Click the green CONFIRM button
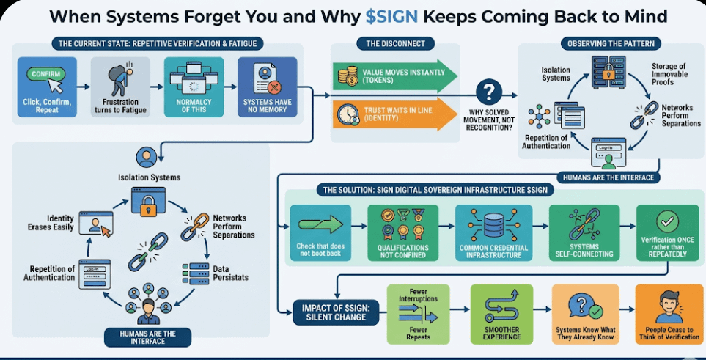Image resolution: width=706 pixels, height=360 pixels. point(45,74)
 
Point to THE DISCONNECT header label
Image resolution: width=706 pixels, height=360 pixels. point(395,44)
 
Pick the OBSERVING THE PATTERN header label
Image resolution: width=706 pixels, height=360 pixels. point(606,44)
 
